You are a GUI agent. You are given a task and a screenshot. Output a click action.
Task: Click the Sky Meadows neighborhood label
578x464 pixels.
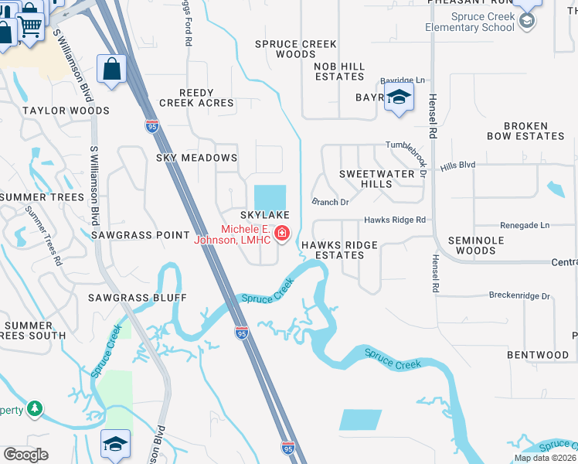coord(196,158)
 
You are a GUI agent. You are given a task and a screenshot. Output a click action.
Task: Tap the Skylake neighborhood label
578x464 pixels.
coord(264,214)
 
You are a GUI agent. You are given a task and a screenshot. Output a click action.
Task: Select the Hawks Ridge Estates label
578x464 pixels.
coord(339,250)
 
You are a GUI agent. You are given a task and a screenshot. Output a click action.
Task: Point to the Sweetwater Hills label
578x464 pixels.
coord(377,179)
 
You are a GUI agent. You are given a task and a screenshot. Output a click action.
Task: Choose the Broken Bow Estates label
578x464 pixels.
coord(525,131)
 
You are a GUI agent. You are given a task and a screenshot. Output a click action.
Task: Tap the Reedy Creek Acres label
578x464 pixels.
coord(196,97)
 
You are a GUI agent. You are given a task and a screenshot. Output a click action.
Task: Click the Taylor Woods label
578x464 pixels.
coord(55,111)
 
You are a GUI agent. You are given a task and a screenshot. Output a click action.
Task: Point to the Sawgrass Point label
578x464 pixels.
coord(140,234)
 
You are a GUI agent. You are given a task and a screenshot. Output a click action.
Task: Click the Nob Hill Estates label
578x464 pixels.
coord(339,71)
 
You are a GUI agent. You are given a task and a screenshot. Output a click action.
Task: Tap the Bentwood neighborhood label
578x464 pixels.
coord(538,355)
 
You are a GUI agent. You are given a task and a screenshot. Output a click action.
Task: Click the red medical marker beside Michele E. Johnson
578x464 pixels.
coord(282,233)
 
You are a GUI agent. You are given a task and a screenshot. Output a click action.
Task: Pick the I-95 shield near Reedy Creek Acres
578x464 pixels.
coord(151,125)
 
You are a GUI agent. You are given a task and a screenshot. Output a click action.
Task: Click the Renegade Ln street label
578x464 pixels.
coord(524,225)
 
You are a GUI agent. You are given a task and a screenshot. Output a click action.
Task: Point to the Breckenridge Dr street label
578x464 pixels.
coord(519,295)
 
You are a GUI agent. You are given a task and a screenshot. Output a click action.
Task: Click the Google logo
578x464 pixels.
coord(26,455)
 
